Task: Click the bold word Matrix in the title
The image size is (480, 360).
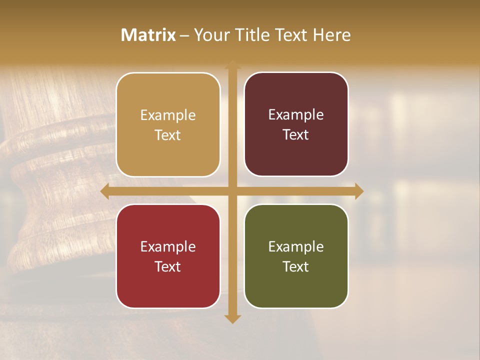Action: (x=148, y=35)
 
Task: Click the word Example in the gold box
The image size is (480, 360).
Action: (x=168, y=115)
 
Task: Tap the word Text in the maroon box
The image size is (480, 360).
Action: (x=296, y=135)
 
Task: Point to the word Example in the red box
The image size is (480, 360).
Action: (x=168, y=246)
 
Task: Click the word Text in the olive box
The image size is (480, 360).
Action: (x=296, y=266)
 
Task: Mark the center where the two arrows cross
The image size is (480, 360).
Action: (x=232, y=191)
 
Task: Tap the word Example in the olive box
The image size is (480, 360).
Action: (x=296, y=246)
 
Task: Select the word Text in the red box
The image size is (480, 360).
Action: (x=168, y=266)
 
